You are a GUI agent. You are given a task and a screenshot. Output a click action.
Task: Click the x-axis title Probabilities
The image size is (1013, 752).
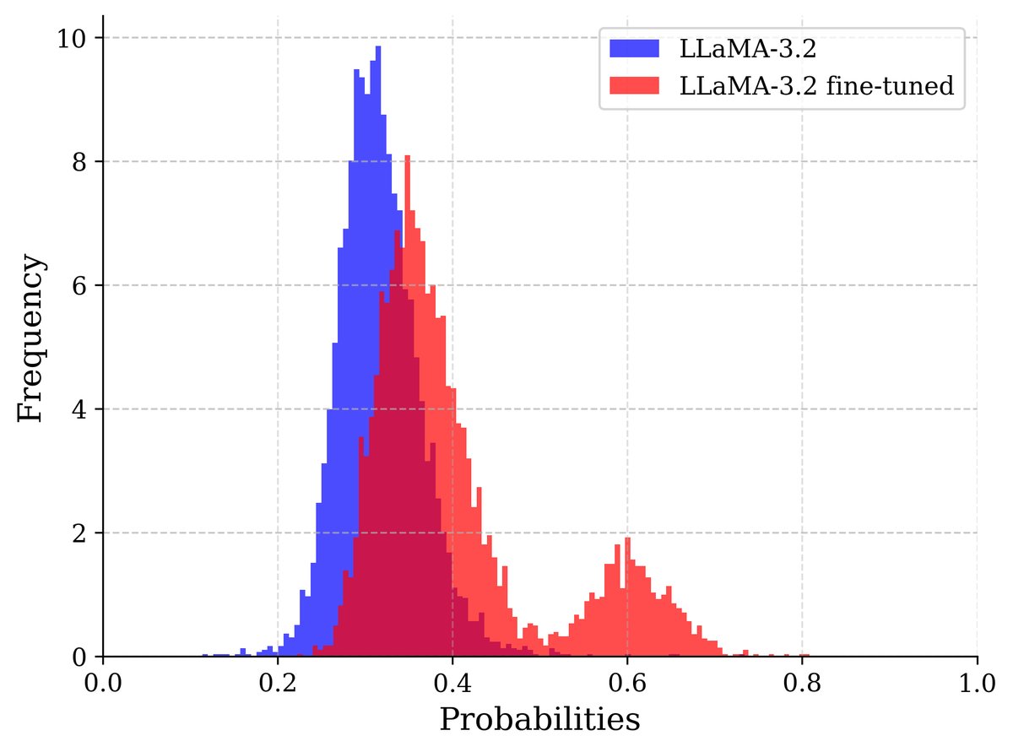539,720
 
